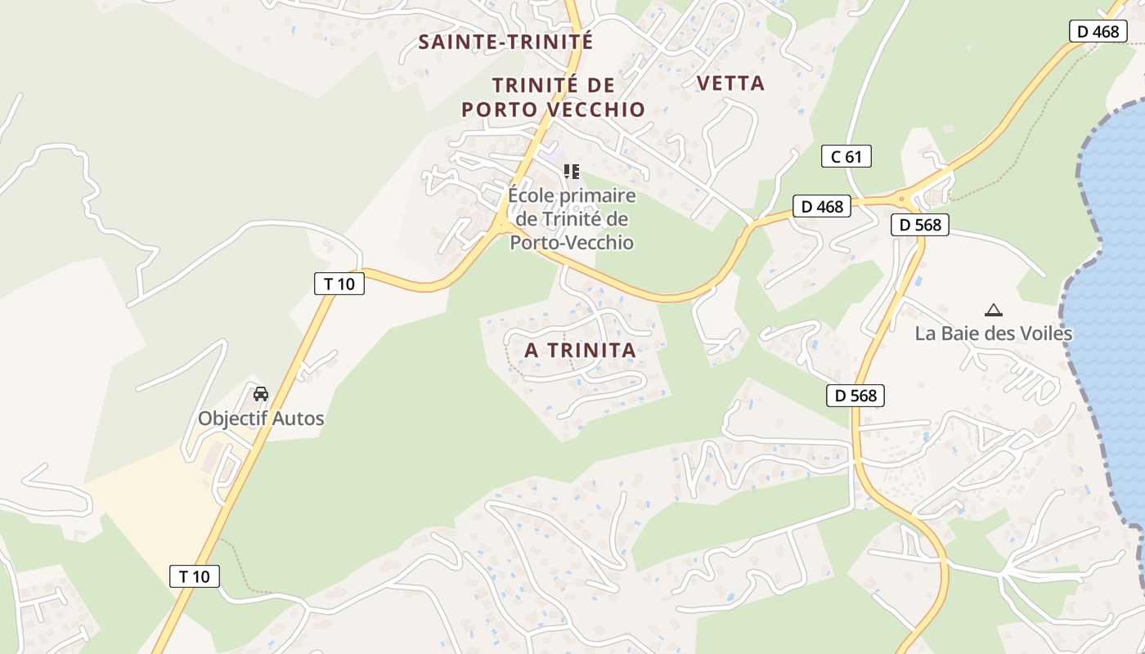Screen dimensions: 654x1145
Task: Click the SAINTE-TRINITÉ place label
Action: (x=505, y=43)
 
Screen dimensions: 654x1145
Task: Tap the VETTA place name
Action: (x=730, y=83)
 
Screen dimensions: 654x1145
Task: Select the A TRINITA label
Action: (x=580, y=351)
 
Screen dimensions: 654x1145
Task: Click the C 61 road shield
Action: (x=846, y=156)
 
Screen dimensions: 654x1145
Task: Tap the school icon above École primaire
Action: (x=572, y=172)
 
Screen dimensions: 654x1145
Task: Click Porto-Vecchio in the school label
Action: (x=572, y=243)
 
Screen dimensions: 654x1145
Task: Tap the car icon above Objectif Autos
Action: (x=261, y=394)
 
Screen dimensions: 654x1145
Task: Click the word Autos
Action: (x=299, y=419)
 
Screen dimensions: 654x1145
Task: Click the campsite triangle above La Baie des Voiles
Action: (x=994, y=310)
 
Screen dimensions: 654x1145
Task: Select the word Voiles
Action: (x=1047, y=334)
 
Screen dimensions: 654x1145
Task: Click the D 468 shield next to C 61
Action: (x=822, y=207)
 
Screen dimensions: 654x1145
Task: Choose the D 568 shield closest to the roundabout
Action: (x=919, y=225)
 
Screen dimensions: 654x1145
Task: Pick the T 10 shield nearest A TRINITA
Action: (x=339, y=284)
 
